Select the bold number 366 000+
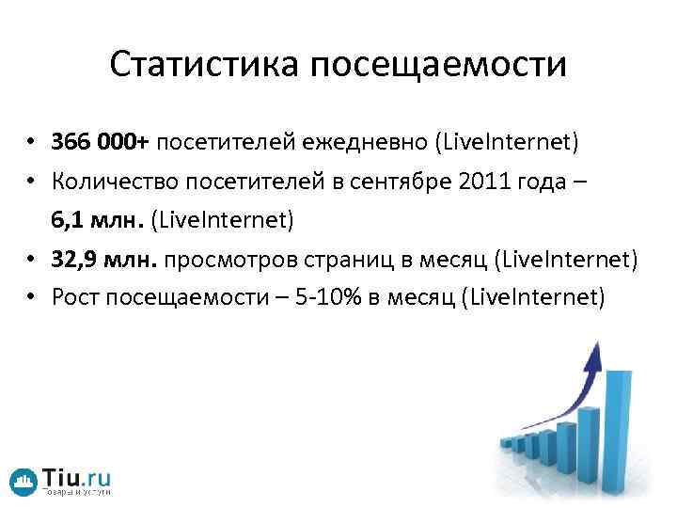coord(100,142)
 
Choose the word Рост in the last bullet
coord(74,298)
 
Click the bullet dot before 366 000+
coord(32,144)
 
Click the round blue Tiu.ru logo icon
coord(24,482)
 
